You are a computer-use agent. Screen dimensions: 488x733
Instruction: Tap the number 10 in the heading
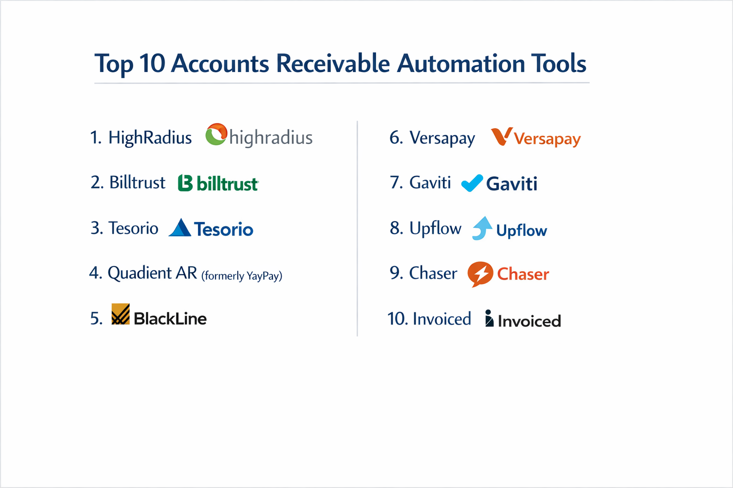tap(152, 63)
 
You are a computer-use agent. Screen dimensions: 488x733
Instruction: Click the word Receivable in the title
tap(333, 63)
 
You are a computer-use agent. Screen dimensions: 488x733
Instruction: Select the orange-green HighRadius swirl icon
tap(216, 134)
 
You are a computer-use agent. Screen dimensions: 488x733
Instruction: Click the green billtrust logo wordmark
tap(227, 183)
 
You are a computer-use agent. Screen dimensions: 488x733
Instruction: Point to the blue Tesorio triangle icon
tap(180, 228)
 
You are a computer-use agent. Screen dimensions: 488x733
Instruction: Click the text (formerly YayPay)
tap(241, 275)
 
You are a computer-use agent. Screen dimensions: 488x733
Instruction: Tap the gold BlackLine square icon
tap(120, 314)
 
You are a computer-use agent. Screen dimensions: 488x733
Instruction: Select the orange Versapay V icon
tap(502, 136)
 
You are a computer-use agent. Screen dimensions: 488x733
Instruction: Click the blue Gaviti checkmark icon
tap(472, 183)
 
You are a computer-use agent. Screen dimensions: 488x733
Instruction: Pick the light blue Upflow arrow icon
tap(482, 228)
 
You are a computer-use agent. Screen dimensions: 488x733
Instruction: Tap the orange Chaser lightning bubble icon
tap(480, 274)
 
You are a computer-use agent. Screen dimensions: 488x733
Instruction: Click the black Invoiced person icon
tap(489, 318)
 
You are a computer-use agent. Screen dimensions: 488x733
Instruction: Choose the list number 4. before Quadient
tap(95, 273)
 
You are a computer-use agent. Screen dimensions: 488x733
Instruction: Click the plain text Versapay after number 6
tap(442, 138)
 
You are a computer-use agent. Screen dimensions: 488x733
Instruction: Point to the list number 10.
tap(397, 319)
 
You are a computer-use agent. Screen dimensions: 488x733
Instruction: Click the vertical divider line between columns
tap(357, 229)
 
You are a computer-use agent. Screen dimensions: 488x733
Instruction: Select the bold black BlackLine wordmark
tap(170, 318)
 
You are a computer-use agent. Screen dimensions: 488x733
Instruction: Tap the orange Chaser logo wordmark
tap(523, 274)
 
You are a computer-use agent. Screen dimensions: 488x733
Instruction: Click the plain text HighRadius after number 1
tap(150, 138)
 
